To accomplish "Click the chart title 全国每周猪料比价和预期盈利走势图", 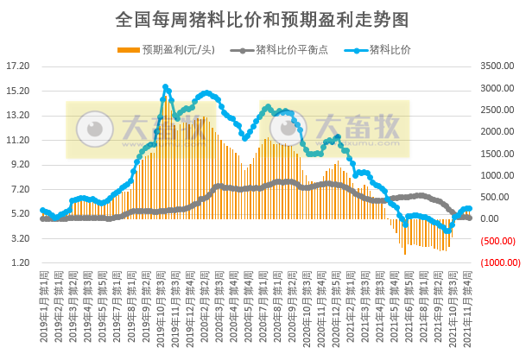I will [262, 19].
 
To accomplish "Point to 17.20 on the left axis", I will [18, 66].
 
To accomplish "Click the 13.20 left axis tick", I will [18, 115].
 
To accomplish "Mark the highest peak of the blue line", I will [165, 87].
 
